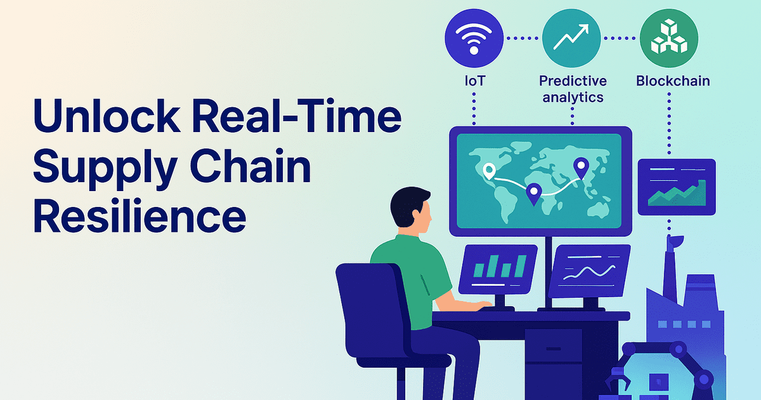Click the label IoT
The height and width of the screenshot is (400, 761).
(474, 82)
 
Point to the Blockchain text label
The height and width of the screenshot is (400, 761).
(672, 81)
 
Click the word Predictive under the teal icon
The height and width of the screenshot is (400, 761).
(573, 81)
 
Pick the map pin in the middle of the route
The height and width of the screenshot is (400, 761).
(534, 192)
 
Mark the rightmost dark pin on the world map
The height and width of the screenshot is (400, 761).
(580, 168)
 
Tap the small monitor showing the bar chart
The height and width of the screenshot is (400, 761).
(498, 269)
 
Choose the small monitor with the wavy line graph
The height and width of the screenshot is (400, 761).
(589, 269)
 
